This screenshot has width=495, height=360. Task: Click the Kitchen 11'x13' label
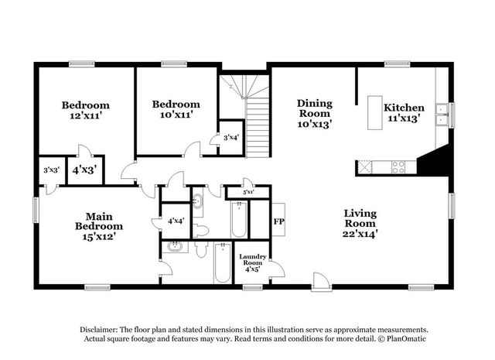[404, 113]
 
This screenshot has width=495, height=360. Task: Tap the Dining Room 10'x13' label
[315, 114]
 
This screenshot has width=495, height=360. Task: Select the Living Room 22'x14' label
[360, 224]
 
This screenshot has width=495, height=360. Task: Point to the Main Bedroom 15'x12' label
[99, 226]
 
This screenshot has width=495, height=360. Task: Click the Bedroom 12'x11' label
[86, 110]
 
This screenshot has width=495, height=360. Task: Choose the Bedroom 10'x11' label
[176, 109]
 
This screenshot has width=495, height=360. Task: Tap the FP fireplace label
[278, 221]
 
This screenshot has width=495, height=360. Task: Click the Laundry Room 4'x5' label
[253, 263]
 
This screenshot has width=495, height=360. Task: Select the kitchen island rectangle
[374, 113]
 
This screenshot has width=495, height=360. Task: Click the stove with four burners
[398, 167]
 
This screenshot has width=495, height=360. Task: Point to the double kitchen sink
[442, 115]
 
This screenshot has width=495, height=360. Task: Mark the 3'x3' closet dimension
[52, 170]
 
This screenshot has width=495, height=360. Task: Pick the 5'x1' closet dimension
[248, 192]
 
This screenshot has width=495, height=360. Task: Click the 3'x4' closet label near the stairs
[231, 138]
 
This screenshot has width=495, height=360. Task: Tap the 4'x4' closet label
[176, 221]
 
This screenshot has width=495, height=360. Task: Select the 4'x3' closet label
[84, 170]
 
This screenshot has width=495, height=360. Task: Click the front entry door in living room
[322, 282]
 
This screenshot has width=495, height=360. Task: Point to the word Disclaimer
[99, 330]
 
